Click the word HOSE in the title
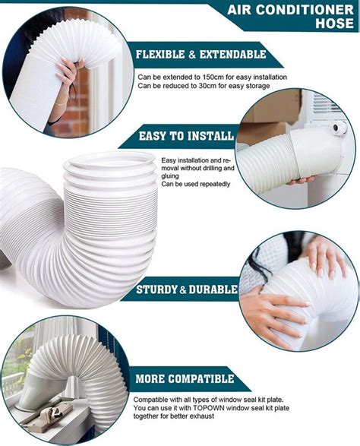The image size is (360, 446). (x=334, y=23)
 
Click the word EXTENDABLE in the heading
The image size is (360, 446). (x=232, y=55)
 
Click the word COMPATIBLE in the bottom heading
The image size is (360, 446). (x=201, y=379)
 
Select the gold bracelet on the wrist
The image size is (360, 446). (x=60, y=103)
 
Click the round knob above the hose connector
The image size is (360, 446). (x=339, y=128)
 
